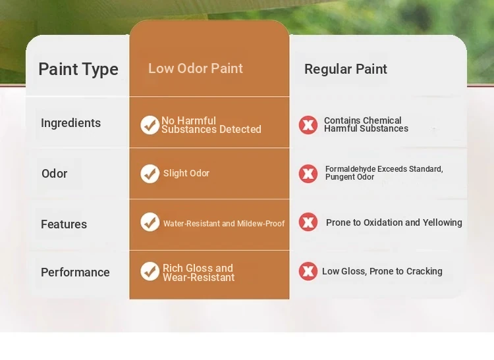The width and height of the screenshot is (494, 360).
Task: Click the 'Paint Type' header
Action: point(78,69)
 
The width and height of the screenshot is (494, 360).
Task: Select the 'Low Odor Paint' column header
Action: point(196,68)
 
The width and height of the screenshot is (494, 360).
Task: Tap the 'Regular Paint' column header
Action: point(346,69)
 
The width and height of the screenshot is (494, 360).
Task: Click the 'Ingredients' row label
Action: point(71,123)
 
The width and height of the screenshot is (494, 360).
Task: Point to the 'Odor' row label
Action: point(55,173)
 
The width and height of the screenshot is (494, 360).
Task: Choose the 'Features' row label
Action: point(64,224)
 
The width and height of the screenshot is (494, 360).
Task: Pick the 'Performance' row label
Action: point(75,272)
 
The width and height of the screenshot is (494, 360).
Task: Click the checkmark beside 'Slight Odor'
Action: point(150,173)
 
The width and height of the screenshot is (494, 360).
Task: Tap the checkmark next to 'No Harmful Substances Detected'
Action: point(150,125)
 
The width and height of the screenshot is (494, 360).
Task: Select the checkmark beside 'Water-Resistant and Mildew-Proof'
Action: point(150,222)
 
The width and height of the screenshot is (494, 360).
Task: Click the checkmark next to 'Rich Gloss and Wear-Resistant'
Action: point(150,271)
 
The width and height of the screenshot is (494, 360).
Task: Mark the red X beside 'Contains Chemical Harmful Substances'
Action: point(308,125)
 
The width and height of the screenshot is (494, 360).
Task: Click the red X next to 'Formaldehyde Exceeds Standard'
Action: point(308,173)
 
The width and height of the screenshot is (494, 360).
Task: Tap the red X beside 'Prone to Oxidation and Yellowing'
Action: point(308,222)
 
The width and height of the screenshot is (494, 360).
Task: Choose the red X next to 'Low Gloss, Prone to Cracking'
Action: point(308,271)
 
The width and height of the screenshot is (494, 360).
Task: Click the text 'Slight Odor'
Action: point(186,173)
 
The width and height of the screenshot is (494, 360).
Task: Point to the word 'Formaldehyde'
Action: point(350,169)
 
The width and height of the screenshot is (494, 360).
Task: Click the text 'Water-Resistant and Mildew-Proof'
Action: point(224,223)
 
